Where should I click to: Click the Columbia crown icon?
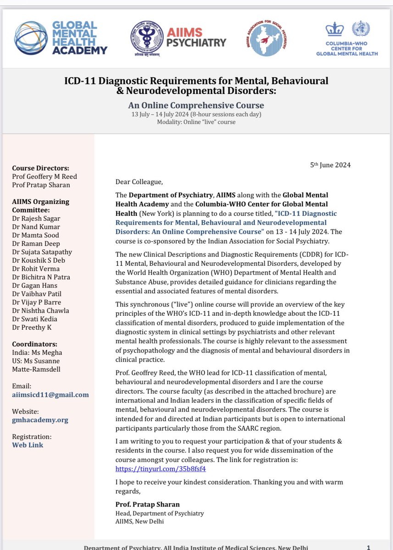pos(334,30)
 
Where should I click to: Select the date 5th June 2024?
pos(330,165)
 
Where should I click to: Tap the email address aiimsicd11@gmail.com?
pos(50,395)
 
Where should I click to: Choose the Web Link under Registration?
pos(28,445)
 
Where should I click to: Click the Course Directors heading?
pos(40,168)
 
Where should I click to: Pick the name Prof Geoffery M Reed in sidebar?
pos(44,177)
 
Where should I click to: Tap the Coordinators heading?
pos(35,344)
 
